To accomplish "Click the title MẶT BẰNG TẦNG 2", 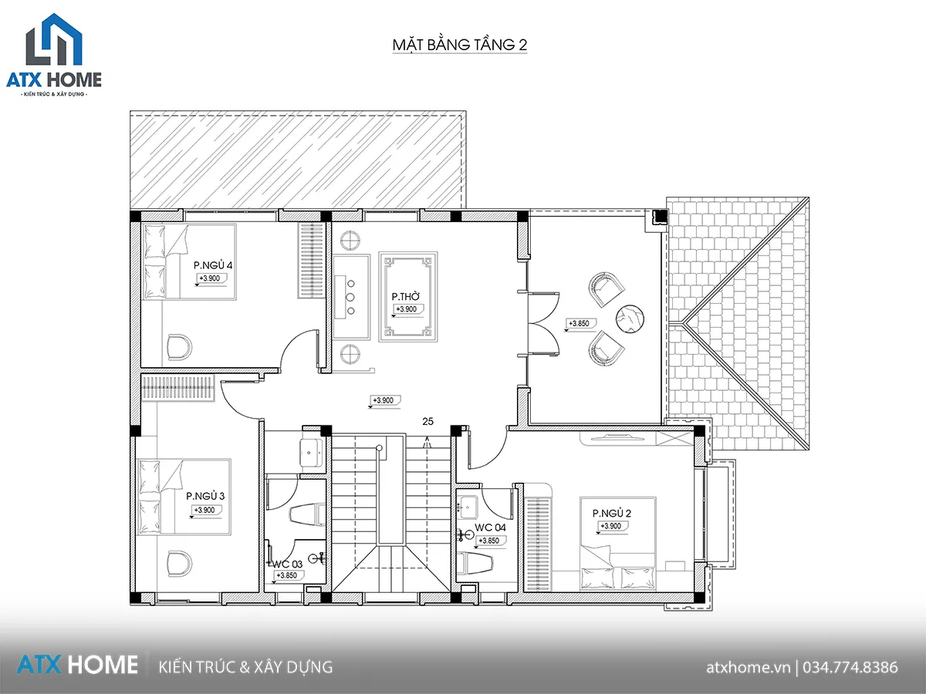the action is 459,45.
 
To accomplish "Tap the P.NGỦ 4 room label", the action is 213,265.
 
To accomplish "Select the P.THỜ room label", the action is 405,297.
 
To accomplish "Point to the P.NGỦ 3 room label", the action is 205,496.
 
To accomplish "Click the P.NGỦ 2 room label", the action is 612,514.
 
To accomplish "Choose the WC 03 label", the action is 288,564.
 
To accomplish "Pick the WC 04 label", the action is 490,527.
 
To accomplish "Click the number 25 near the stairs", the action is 428,421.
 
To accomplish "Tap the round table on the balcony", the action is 630,318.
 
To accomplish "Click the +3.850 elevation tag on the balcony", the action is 580,324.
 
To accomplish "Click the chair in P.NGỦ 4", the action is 179,347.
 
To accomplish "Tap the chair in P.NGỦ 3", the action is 179,564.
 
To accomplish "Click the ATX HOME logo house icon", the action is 54,39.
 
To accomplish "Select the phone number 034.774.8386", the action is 850,668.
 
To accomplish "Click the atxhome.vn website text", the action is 748,668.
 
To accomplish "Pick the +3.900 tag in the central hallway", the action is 385,400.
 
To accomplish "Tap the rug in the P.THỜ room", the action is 408,297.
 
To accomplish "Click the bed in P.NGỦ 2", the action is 617,544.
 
